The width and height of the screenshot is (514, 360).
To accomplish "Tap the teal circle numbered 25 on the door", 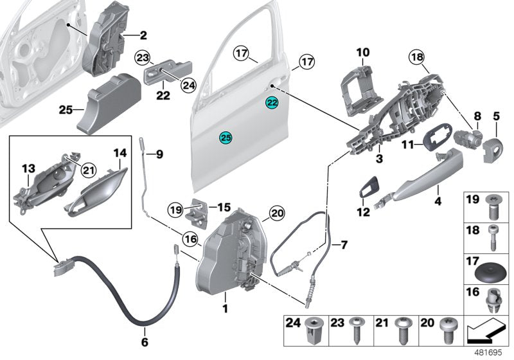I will tap(225, 137).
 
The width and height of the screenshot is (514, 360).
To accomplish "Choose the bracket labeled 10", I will tap(360, 81).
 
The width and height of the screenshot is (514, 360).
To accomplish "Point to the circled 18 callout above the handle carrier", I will tap(416, 57).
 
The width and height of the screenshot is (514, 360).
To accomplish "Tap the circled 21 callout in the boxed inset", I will tap(88, 169).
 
